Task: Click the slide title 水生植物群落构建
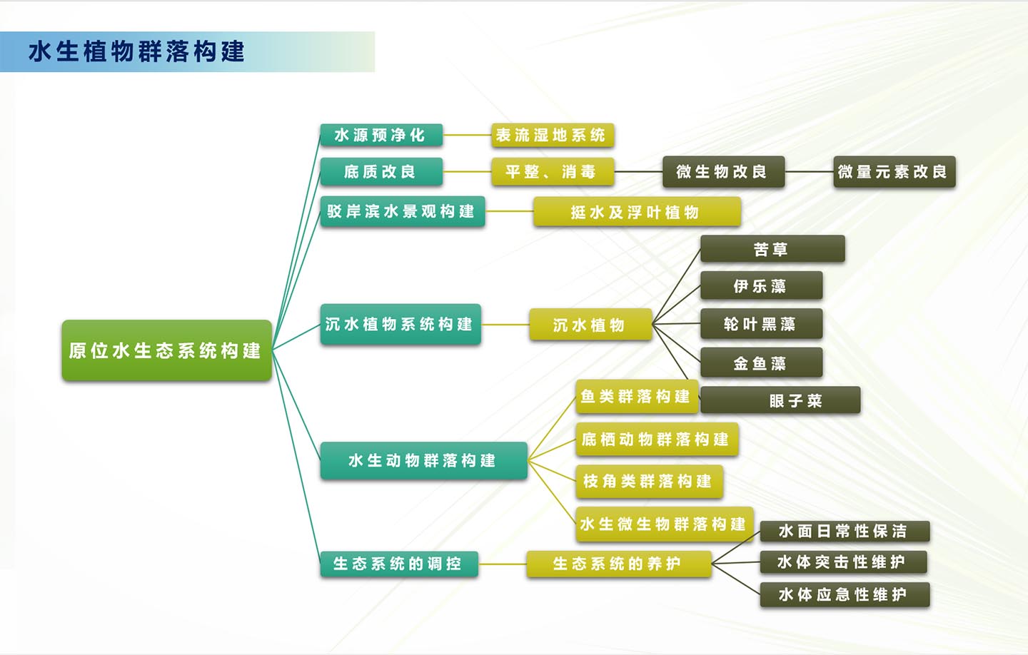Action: [x=136, y=52]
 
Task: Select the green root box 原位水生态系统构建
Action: [x=166, y=350]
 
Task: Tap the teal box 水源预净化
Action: [x=381, y=135]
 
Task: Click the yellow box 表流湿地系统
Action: [x=552, y=135]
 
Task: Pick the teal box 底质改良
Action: [x=381, y=172]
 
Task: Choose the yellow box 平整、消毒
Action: [x=552, y=172]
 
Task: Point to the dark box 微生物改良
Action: [x=722, y=172]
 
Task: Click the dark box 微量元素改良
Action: [x=894, y=172]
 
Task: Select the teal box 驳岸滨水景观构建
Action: [x=402, y=211]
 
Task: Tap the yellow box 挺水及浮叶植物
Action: [x=636, y=212]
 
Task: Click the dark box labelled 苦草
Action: [x=772, y=249]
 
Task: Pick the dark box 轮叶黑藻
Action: [x=760, y=324]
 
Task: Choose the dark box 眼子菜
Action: [x=780, y=400]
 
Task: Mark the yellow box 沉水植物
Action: [x=590, y=325]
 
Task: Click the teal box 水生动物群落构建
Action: [x=423, y=461]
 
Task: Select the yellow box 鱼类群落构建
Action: [x=635, y=397]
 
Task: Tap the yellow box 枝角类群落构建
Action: [x=648, y=482]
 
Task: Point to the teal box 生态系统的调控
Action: [x=398, y=564]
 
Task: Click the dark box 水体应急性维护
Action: [x=844, y=594]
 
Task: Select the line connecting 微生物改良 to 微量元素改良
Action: [x=809, y=172]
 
